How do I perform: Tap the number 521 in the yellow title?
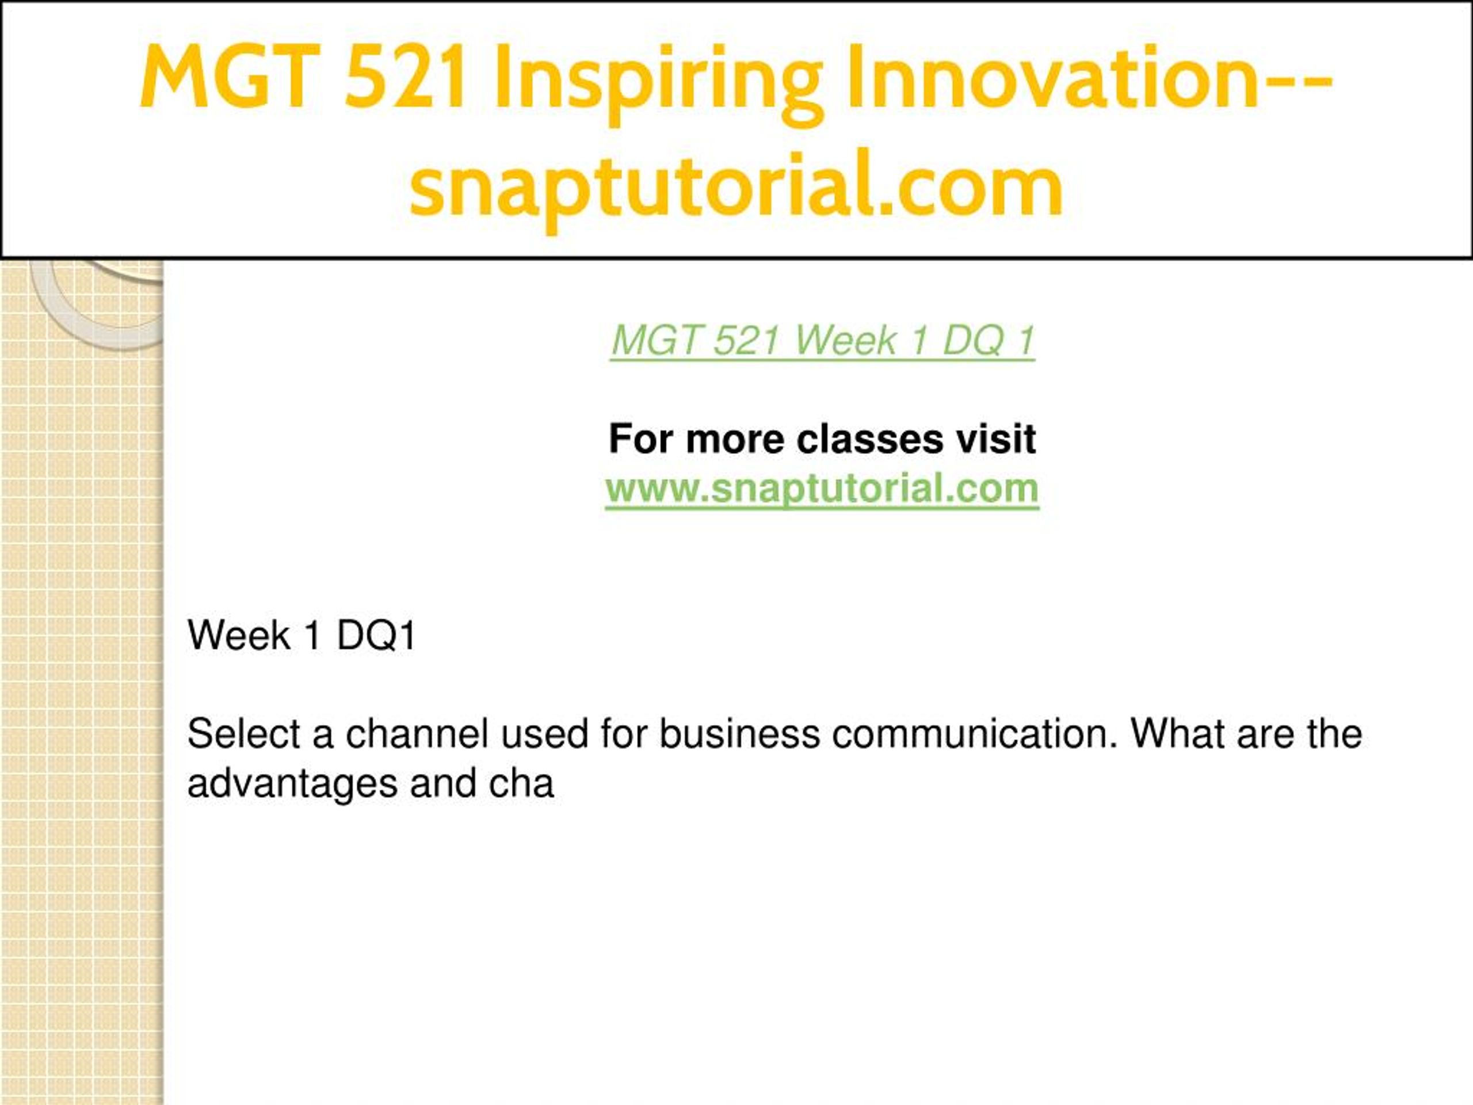pos(405,76)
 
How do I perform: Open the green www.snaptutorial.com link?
pos(822,488)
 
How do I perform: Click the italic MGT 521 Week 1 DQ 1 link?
pos(822,341)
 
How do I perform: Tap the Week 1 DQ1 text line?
pos(302,635)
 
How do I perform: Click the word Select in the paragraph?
pos(244,734)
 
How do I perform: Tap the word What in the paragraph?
pos(1177,734)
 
